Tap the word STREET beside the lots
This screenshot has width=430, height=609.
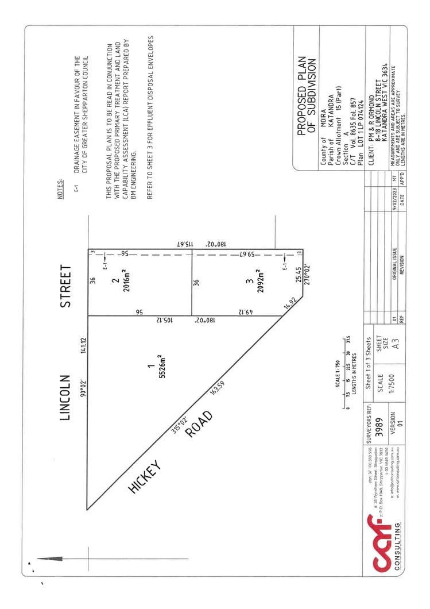pyautogui.click(x=67, y=286)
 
